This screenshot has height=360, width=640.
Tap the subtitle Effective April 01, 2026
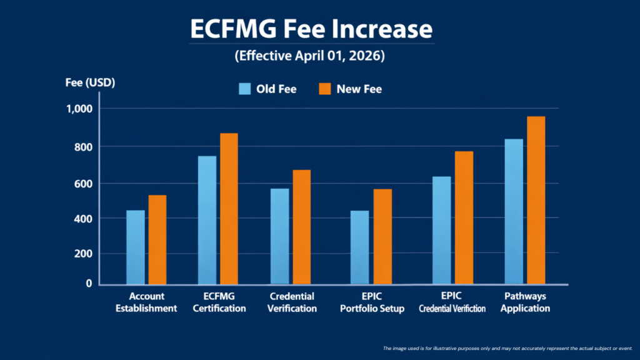(309, 56)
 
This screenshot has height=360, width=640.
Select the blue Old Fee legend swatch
(244, 89)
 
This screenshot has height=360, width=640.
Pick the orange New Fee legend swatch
(324, 89)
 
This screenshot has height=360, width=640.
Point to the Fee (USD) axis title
(90, 82)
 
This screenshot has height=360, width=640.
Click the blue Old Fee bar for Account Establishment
(136, 247)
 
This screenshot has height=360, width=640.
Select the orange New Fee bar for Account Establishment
(157, 239)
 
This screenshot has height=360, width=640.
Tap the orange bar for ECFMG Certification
(229, 209)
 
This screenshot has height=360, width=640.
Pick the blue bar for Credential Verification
(279, 236)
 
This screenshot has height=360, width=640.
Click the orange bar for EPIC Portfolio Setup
(382, 236)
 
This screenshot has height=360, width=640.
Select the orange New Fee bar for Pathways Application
(536, 200)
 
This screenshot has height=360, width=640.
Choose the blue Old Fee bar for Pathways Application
(513, 211)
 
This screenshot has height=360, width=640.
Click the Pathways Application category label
(525, 302)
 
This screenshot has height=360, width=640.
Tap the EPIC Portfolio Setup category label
(372, 302)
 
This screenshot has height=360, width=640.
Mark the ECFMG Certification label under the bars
(219, 302)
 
